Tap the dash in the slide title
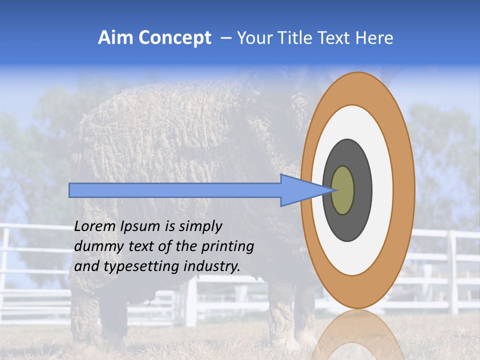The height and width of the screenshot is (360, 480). (225, 38)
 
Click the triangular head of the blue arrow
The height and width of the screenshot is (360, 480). (300, 190)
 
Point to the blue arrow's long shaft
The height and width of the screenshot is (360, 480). (175, 190)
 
